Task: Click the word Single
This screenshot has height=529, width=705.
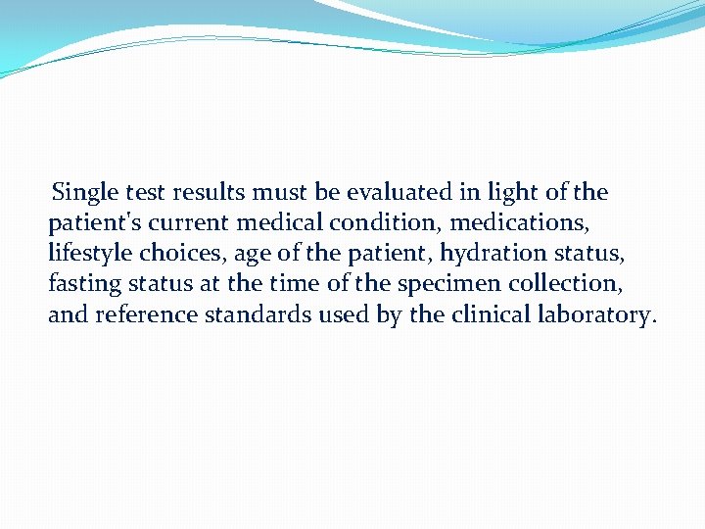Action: (x=84, y=192)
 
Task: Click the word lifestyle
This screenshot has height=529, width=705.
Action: (x=90, y=254)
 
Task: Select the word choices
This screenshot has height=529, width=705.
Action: (x=183, y=254)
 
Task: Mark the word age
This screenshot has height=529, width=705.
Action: (x=253, y=254)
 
